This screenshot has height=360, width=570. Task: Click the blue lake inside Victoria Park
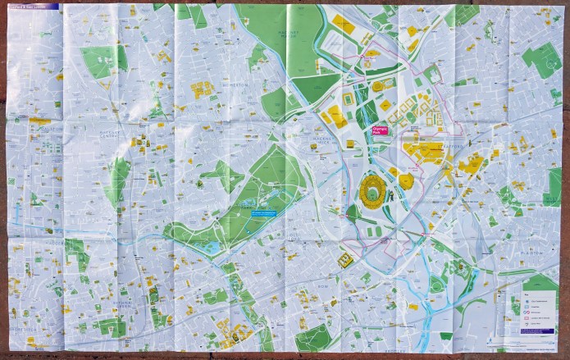tap(212, 245)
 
